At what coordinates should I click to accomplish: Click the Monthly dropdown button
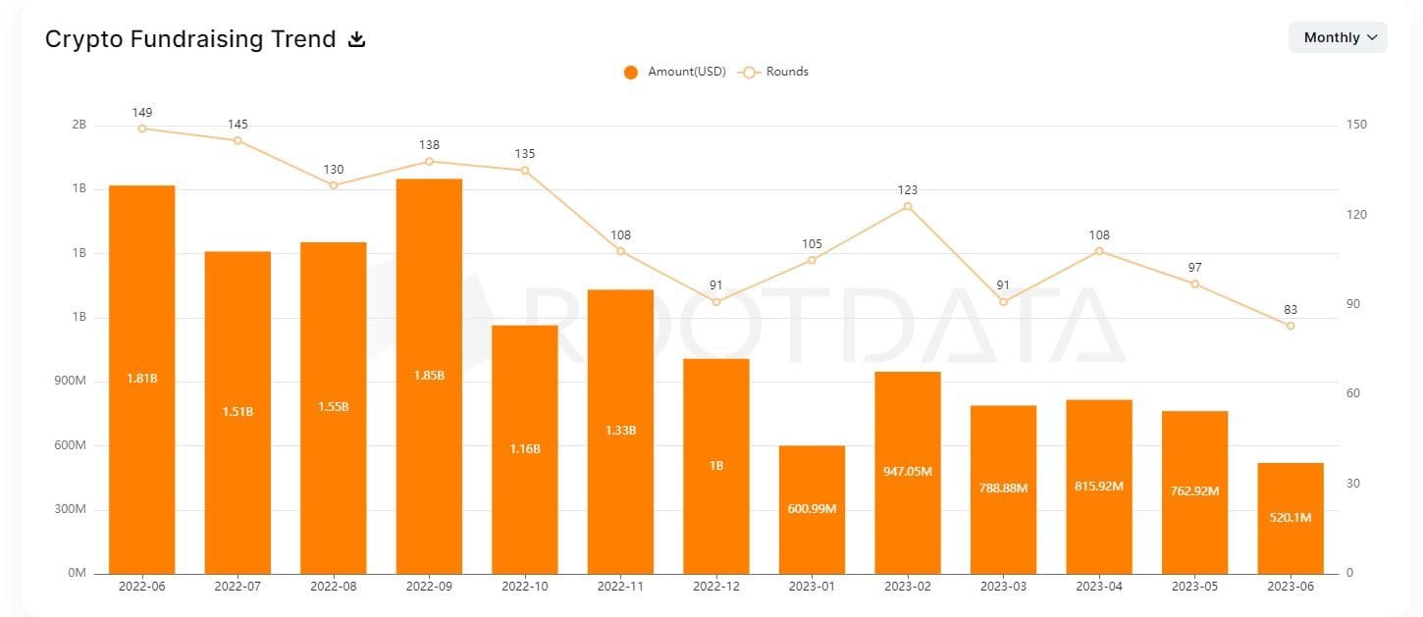point(1338,37)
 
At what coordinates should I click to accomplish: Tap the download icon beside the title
point(357,39)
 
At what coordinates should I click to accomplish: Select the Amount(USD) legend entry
point(675,72)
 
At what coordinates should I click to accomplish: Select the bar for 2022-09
point(429,376)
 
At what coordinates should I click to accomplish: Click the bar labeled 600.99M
point(812,509)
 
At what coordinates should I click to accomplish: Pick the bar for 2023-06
point(1291,518)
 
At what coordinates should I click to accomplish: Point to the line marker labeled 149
point(142,129)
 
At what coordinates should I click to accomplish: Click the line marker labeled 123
point(907,206)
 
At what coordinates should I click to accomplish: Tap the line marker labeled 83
point(1291,326)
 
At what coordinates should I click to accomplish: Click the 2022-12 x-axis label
point(716,587)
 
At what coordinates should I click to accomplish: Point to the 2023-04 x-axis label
point(1099,587)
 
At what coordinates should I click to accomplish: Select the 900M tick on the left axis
point(70,382)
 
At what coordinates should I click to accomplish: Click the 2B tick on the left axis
point(79,126)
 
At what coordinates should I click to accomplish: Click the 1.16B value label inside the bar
point(525,448)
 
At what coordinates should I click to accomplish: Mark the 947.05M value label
point(907,471)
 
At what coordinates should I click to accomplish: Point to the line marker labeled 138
point(429,161)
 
